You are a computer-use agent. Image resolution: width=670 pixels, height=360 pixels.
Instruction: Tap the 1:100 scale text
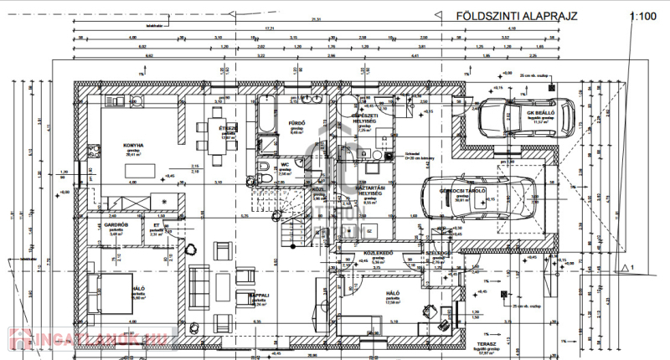click(642, 16)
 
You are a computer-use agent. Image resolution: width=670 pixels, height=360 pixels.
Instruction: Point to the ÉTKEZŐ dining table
click(223, 136)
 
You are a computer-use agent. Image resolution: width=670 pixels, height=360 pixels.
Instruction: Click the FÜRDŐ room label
click(296, 123)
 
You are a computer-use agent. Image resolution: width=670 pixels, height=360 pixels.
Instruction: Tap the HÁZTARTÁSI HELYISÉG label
click(368, 191)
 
